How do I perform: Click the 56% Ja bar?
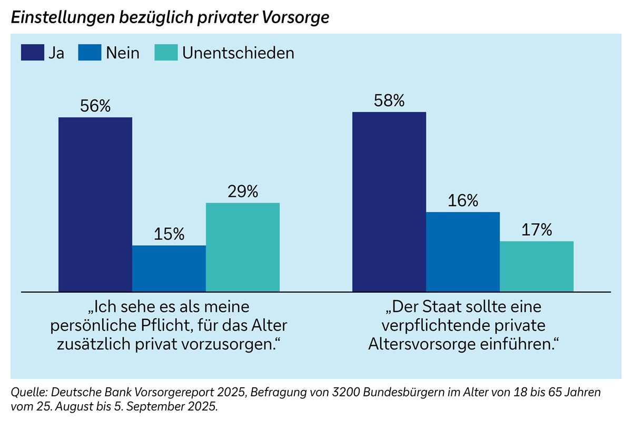(x=95, y=204)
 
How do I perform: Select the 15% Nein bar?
(x=169, y=268)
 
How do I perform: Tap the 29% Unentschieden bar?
(x=243, y=247)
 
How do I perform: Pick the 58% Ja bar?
(x=389, y=202)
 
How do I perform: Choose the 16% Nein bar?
(x=463, y=252)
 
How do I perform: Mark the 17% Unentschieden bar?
(x=537, y=266)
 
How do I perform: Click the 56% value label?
(x=95, y=106)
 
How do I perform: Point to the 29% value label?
(x=243, y=192)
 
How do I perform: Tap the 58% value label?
(x=389, y=101)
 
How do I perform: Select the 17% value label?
(x=537, y=230)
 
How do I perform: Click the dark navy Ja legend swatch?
(x=32, y=53)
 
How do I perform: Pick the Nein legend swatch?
(x=90, y=53)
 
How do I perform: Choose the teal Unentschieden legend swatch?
(x=166, y=53)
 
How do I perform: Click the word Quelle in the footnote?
(x=26, y=393)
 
